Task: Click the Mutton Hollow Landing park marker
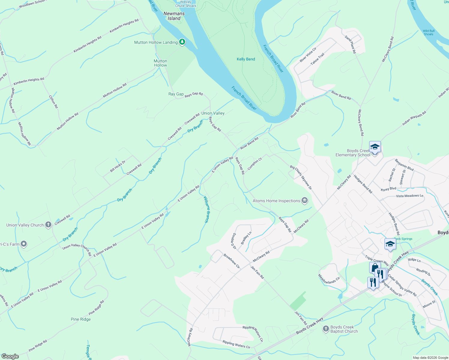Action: (182, 42)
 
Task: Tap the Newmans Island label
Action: (174, 16)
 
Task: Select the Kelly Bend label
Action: (246, 59)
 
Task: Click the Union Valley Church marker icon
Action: (48, 225)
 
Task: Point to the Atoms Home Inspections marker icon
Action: (305, 201)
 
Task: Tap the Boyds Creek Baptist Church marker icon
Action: (326, 329)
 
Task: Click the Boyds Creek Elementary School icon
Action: (375, 147)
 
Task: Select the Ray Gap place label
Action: (176, 94)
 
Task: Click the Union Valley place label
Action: (213, 113)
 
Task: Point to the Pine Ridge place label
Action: (81, 319)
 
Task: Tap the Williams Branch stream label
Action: (206, 209)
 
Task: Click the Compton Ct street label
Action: (255, 164)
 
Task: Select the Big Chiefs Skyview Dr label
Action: (301, 177)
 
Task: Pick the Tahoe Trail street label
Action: (317, 59)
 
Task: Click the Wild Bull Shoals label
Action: (429, 32)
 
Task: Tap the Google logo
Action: (10, 356)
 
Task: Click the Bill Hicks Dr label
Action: (118, 166)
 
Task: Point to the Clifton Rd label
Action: (53, 102)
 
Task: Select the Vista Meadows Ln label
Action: (409, 196)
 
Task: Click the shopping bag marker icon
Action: (375, 267)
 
